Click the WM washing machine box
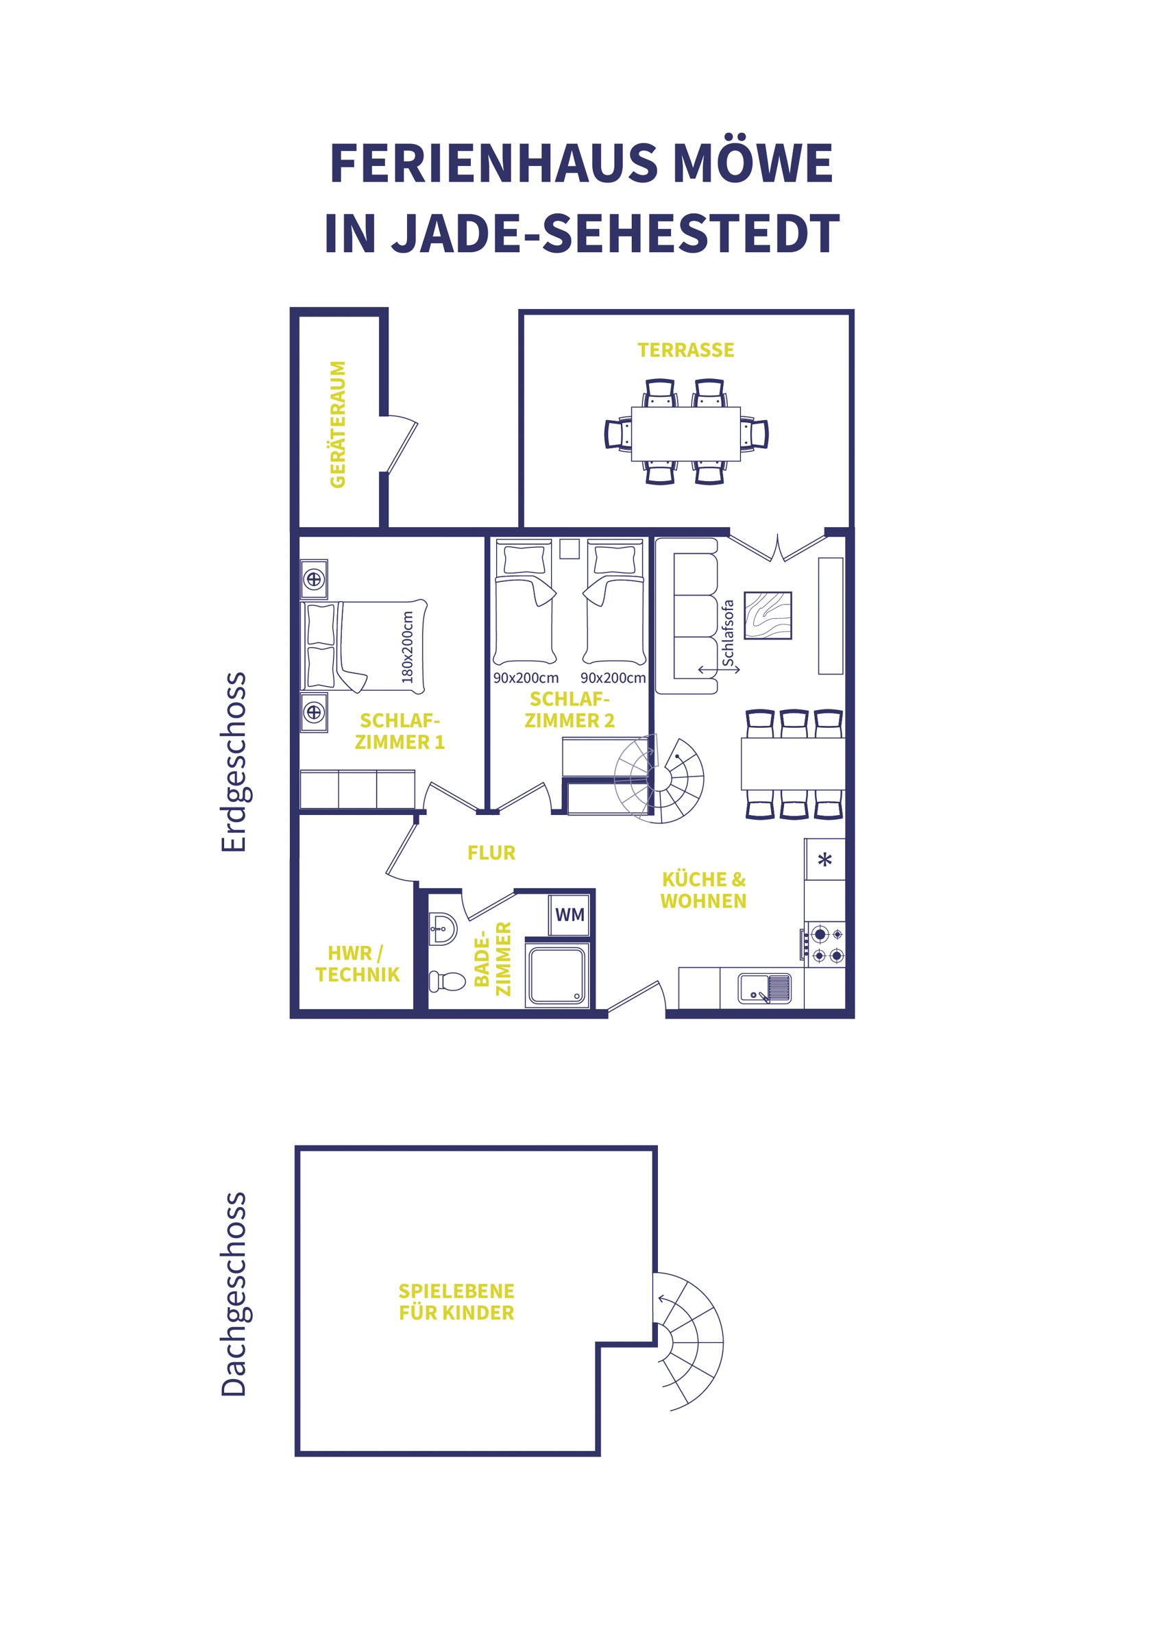click(570, 915)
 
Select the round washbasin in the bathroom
click(441, 929)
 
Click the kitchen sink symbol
click(765, 987)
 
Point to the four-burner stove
click(824, 945)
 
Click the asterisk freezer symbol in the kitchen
click(824, 860)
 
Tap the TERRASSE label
click(686, 350)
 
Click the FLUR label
click(491, 853)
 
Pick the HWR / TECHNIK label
click(357, 964)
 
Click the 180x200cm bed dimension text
click(408, 647)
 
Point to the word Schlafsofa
click(729, 633)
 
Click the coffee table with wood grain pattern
click(768, 615)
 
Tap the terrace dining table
click(686, 434)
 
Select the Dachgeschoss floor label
click(234, 1294)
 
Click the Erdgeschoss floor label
click(234, 761)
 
